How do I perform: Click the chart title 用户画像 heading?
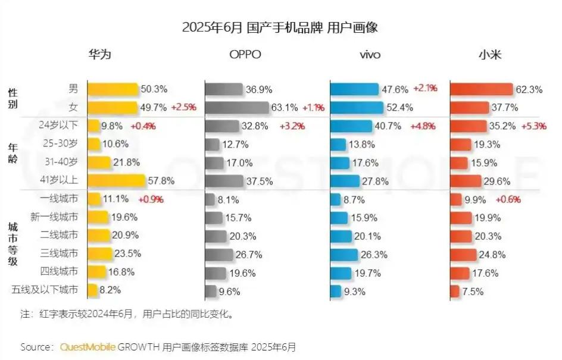[x=280, y=27]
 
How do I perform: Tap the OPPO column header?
[x=245, y=55]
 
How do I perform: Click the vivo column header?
[x=370, y=55]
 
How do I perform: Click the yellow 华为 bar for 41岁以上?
[x=116, y=180]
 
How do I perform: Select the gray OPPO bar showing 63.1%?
[x=237, y=107]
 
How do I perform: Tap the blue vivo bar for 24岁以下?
[x=354, y=126]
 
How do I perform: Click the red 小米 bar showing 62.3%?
[x=481, y=89]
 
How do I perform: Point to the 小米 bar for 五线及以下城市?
[x=455, y=291]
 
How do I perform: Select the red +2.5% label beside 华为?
[x=183, y=108]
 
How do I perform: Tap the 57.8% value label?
[x=160, y=180]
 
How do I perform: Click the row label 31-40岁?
[x=61, y=162]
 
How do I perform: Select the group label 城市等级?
[x=13, y=245]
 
